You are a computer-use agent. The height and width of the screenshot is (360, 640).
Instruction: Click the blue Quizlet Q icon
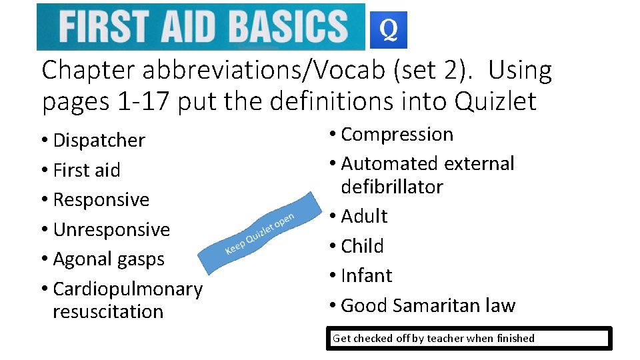(388, 30)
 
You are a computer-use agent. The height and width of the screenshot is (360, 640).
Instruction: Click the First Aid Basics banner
(201, 27)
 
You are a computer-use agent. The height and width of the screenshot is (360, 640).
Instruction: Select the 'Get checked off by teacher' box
(470, 338)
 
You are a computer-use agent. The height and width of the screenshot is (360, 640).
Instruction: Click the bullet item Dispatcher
(98, 141)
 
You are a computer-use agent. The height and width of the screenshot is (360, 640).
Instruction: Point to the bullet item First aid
(86, 171)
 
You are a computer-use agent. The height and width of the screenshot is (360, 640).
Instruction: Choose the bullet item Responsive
(101, 200)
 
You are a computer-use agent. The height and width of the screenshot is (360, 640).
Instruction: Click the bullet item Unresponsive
(111, 230)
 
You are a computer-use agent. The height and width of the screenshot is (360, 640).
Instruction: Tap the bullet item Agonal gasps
(108, 259)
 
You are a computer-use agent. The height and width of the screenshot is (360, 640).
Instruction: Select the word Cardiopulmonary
(127, 289)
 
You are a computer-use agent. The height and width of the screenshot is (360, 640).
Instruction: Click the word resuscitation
(108, 311)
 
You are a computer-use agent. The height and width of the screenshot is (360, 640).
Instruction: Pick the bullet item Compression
(397, 135)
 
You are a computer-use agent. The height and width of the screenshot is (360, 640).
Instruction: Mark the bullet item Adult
(364, 217)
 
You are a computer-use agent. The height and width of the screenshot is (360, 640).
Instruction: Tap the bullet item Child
(362, 246)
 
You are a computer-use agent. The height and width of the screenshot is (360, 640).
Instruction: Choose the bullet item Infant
(366, 275)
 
